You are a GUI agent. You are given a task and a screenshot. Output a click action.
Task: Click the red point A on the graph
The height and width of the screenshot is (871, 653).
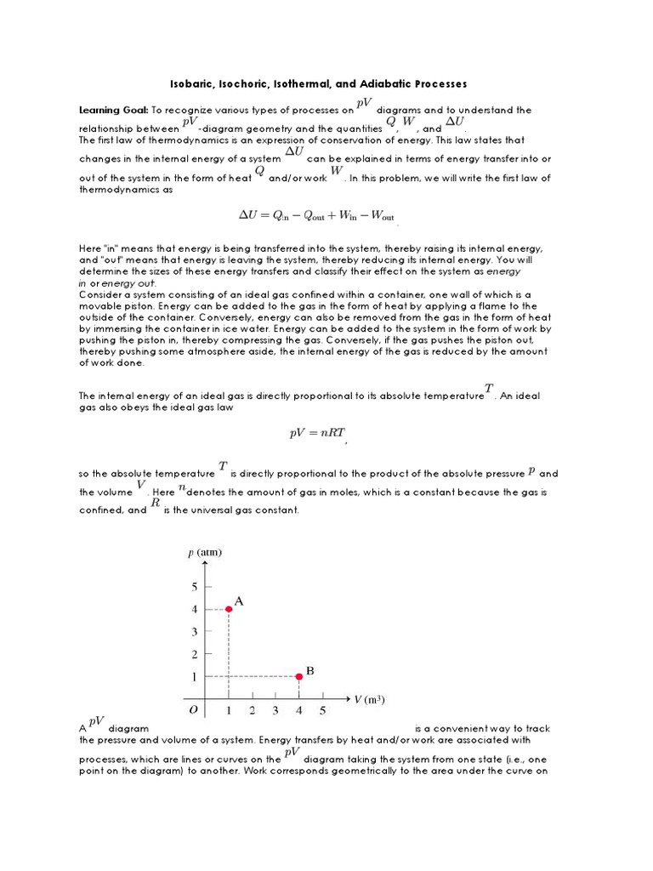click(229, 609)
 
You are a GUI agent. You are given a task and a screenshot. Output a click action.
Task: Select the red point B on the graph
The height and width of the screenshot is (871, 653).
click(299, 676)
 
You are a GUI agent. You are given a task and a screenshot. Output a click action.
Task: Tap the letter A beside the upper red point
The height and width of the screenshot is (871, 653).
click(239, 601)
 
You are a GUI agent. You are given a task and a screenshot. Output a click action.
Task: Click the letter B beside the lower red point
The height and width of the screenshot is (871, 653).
click(310, 671)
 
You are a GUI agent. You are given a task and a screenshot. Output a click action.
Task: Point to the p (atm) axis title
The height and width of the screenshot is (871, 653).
click(204, 552)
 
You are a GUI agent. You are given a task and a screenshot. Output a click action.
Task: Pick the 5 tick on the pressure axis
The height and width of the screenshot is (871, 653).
click(195, 587)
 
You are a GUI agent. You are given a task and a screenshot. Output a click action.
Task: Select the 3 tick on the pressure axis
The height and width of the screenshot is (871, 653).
click(195, 631)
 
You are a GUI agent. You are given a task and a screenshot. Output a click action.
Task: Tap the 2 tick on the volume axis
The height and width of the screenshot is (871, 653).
click(252, 710)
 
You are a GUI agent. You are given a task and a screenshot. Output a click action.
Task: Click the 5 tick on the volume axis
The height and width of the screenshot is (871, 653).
click(322, 710)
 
